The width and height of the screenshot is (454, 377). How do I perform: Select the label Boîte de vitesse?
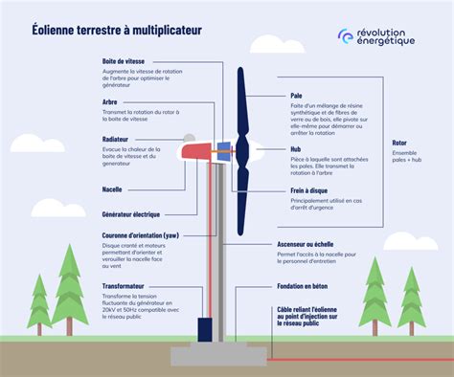123,61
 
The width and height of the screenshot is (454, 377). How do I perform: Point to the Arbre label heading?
110,101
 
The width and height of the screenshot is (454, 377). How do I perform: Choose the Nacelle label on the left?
112,189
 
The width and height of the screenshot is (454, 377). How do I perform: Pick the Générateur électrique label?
132,212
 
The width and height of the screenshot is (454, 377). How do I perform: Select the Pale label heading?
297,96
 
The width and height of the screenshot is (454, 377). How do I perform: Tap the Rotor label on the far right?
399,143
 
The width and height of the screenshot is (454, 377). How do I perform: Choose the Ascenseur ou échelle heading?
318,244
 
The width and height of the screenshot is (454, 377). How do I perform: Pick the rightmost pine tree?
411,298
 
